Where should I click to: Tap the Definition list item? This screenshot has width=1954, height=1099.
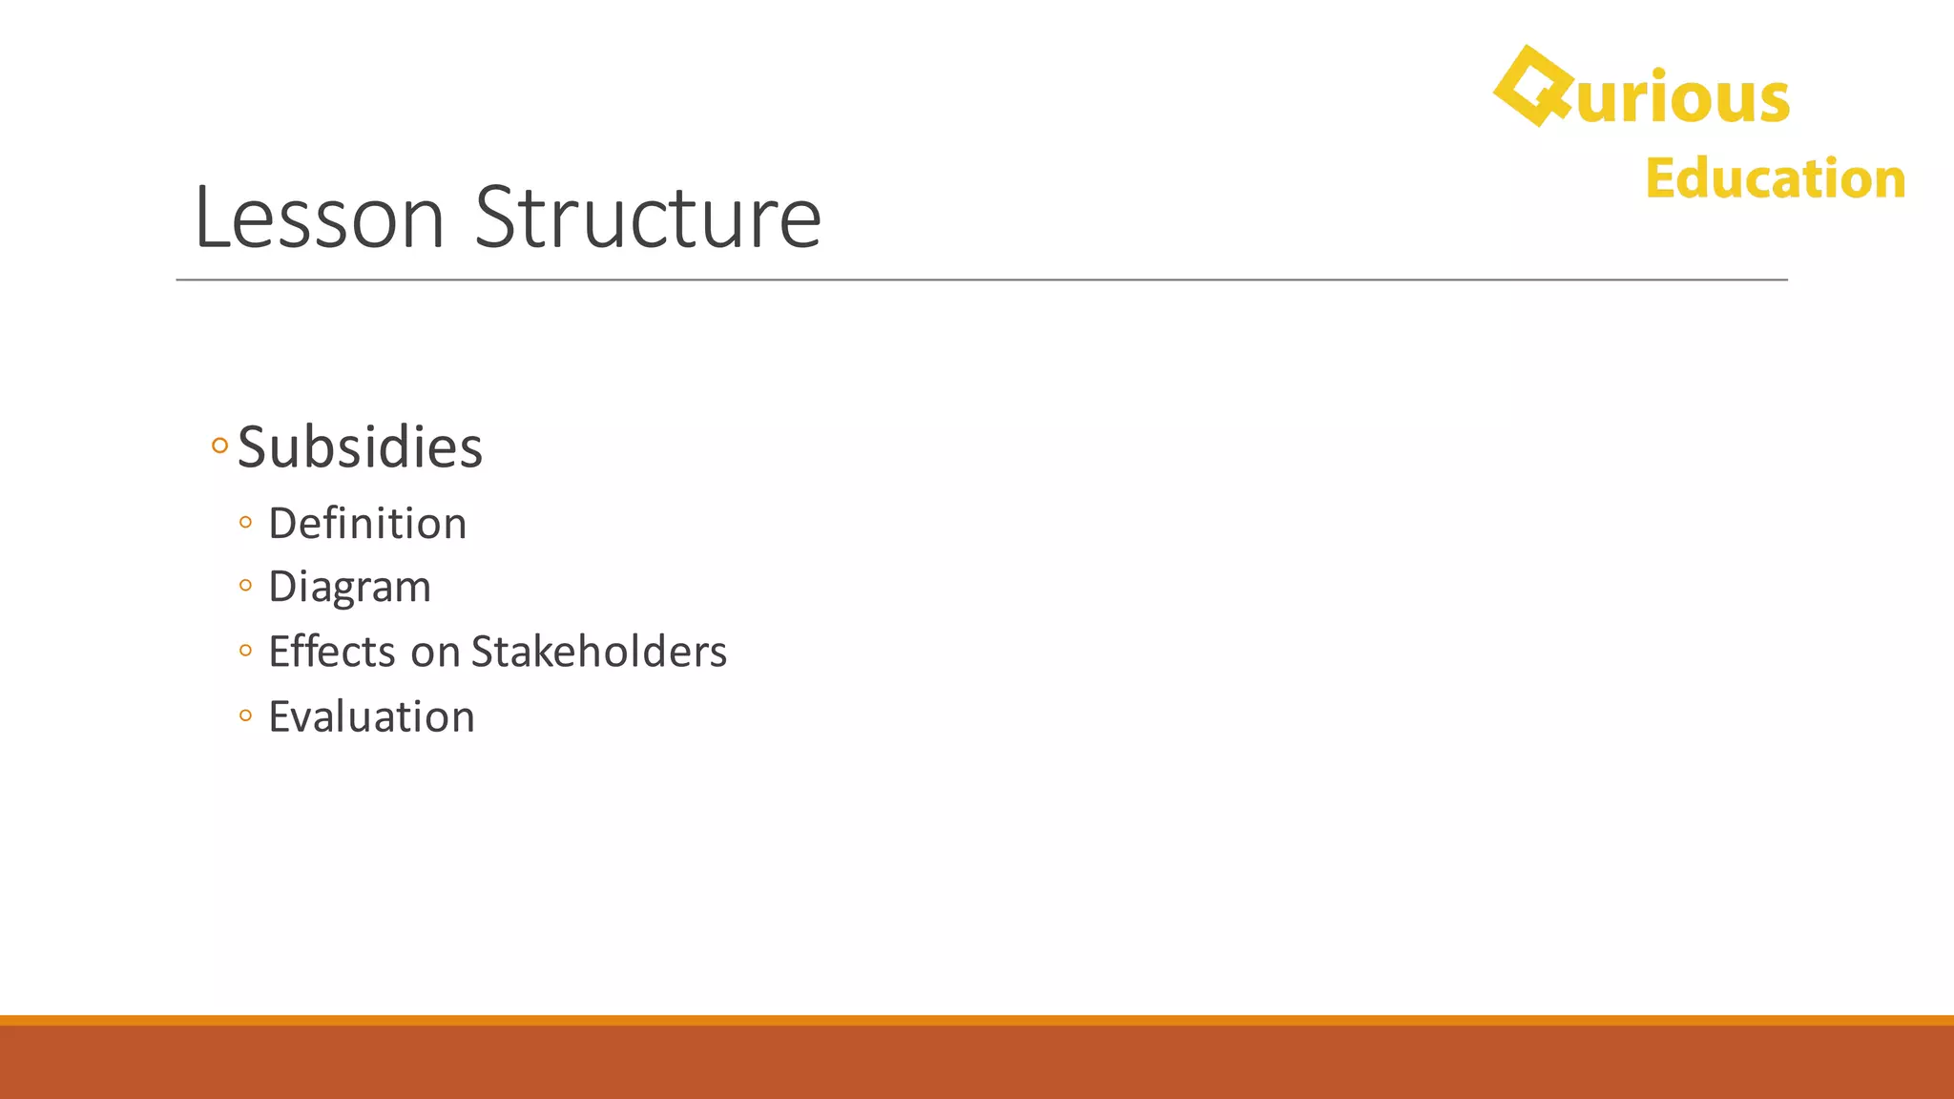click(x=367, y=523)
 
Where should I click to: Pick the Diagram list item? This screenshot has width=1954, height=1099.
click(x=349, y=586)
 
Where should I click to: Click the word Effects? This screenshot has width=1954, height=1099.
click(x=331, y=652)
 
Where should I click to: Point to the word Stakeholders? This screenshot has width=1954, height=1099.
click(x=598, y=652)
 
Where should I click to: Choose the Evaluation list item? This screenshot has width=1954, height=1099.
click(x=371, y=716)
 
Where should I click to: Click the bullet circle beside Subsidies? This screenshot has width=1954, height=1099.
click(x=219, y=446)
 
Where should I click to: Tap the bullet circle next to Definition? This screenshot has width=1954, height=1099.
click(x=246, y=522)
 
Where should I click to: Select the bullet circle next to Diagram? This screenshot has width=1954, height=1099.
click(x=246, y=585)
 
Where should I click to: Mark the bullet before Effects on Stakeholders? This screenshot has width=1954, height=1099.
click(x=246, y=651)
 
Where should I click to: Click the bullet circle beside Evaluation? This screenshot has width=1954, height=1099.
click(x=246, y=715)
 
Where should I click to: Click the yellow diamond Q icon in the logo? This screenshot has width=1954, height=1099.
click(x=1532, y=86)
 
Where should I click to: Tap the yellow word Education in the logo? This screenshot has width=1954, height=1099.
click(x=1775, y=178)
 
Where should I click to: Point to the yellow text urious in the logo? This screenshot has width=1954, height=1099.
click(x=1683, y=97)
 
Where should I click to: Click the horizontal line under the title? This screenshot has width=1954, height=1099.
click(x=981, y=280)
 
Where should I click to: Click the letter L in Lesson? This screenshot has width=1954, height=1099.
click(x=212, y=218)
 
